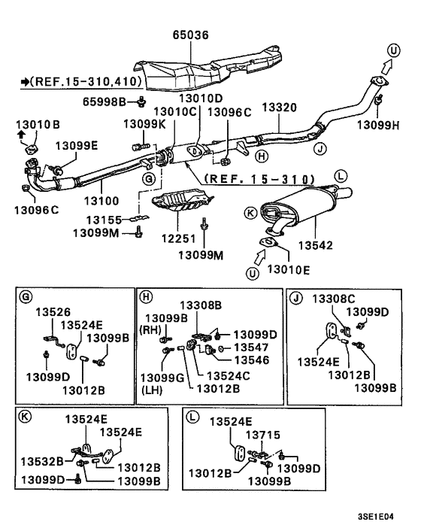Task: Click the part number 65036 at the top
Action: (190, 35)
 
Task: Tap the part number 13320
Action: (279, 108)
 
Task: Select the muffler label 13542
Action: (316, 245)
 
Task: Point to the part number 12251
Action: (179, 238)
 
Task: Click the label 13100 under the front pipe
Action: (101, 201)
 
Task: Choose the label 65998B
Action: (104, 102)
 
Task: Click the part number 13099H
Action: (378, 126)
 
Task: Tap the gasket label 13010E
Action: (289, 269)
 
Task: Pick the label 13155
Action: (104, 220)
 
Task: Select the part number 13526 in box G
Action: (53, 312)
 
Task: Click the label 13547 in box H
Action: (251, 347)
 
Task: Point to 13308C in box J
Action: (333, 299)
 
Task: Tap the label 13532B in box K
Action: (42, 461)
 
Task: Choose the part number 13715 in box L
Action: (262, 435)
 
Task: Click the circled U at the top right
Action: (393, 51)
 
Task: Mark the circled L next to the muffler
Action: (341, 176)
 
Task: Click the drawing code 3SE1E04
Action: (376, 517)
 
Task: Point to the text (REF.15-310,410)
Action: (86, 81)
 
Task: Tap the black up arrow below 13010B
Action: (21, 135)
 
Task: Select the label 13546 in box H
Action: (252, 360)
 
